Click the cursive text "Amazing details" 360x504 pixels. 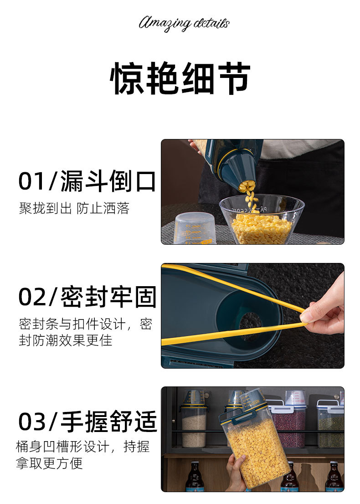(x=184, y=23)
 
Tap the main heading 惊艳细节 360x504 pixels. (x=180, y=78)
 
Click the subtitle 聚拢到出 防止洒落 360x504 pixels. (x=74, y=209)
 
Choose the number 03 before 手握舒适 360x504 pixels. (x=31, y=422)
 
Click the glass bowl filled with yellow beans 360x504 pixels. (x=262, y=221)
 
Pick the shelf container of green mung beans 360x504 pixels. (x=330, y=428)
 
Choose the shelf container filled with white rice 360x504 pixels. (x=194, y=426)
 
